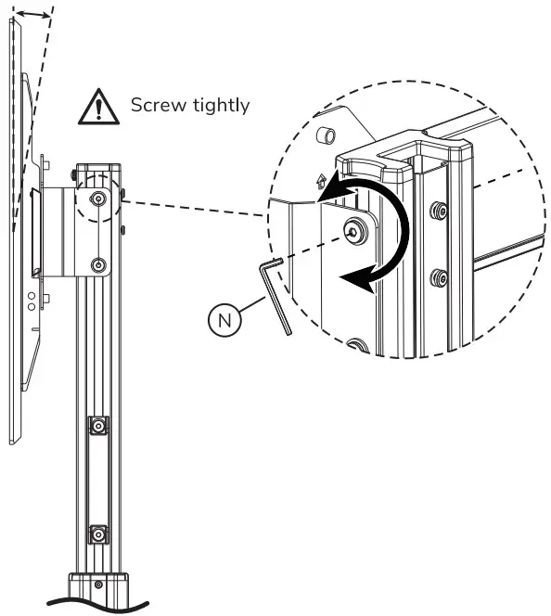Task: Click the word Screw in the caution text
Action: (155, 104)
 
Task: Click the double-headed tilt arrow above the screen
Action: (35, 13)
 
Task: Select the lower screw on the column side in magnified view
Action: (437, 277)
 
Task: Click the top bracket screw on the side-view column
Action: (98, 199)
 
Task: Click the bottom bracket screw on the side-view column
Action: (98, 265)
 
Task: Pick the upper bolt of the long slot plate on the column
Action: (96, 426)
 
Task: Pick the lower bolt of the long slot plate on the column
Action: (96, 534)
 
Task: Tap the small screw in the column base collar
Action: (98, 585)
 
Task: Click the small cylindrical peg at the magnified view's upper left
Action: (326, 135)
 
